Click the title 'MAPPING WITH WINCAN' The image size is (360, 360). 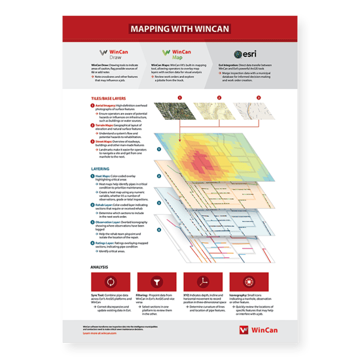[x=179, y=29]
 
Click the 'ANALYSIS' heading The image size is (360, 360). [x=100, y=267]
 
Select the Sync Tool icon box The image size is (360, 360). [x=110, y=283]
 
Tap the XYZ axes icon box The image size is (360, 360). [x=204, y=283]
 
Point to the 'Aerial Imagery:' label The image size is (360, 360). [x=106, y=105]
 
